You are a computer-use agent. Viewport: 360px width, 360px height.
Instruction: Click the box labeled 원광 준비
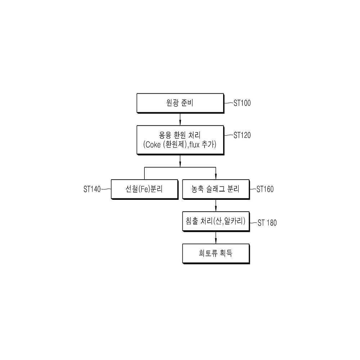coord(180,103)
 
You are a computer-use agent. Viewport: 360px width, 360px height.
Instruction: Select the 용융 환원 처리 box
coord(180,140)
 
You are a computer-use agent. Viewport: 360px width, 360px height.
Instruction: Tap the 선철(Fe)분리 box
coord(145,189)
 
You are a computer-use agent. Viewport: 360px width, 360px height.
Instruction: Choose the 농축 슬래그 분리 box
coord(216,189)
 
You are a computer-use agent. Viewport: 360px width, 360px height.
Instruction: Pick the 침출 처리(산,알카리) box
coord(216,221)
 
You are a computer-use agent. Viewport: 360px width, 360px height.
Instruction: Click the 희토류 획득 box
coord(216,254)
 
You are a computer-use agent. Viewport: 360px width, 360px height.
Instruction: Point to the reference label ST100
coord(242,103)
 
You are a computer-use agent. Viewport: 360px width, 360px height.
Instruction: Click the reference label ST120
coord(242,135)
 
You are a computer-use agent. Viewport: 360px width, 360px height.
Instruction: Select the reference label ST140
coord(92,189)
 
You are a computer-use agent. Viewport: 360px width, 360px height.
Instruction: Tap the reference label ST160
coord(265,189)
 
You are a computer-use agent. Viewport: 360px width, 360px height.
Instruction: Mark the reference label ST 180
coord(267,223)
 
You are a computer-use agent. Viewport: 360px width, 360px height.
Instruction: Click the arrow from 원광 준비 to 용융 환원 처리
coord(180,119)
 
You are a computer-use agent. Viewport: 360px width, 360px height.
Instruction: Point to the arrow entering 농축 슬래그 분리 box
coord(216,174)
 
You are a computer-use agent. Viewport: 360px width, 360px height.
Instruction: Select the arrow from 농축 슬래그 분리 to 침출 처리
coord(216,206)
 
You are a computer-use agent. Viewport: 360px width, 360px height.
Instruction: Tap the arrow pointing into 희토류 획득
coord(216,238)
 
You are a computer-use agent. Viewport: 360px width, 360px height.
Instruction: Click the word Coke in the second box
coord(153,145)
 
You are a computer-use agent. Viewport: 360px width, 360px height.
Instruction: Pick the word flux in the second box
coord(194,144)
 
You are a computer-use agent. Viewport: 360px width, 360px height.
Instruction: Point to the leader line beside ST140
coord(106,189)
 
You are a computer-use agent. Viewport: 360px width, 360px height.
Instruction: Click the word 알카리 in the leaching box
coord(233,221)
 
